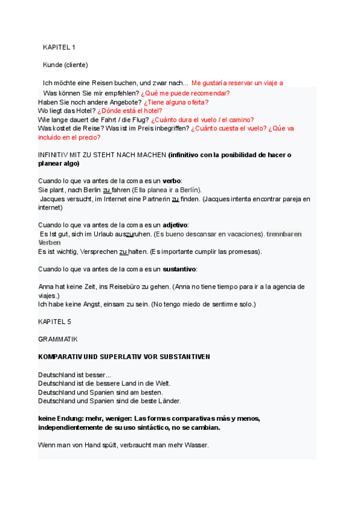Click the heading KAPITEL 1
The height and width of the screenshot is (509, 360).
pos(59,47)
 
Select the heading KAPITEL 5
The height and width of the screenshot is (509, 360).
pos(55,322)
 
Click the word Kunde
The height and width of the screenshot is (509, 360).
pos(53,65)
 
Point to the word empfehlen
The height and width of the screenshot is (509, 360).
pos(122,94)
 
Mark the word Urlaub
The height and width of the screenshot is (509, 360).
pos(103,233)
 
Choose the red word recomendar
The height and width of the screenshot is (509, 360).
pos(209,94)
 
